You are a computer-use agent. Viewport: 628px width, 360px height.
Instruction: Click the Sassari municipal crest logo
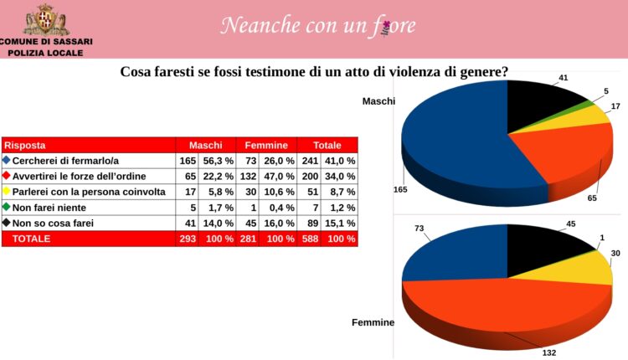click(46, 18)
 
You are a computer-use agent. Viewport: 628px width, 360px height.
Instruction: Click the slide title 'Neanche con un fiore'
click(317, 26)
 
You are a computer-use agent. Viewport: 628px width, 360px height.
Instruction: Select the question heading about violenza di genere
click(315, 72)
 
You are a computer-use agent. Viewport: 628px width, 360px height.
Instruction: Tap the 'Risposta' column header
click(24, 145)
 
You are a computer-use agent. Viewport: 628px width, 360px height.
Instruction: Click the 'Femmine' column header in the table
click(266, 145)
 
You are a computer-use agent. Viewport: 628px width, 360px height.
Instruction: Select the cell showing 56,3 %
click(217, 161)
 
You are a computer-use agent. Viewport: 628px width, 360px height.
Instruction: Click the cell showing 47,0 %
click(279, 177)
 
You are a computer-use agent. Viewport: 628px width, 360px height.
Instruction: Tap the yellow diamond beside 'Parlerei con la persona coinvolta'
click(8, 192)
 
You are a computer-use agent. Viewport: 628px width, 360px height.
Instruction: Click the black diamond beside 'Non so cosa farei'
click(8, 223)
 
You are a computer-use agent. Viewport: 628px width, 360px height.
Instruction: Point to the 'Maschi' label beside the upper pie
click(378, 101)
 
